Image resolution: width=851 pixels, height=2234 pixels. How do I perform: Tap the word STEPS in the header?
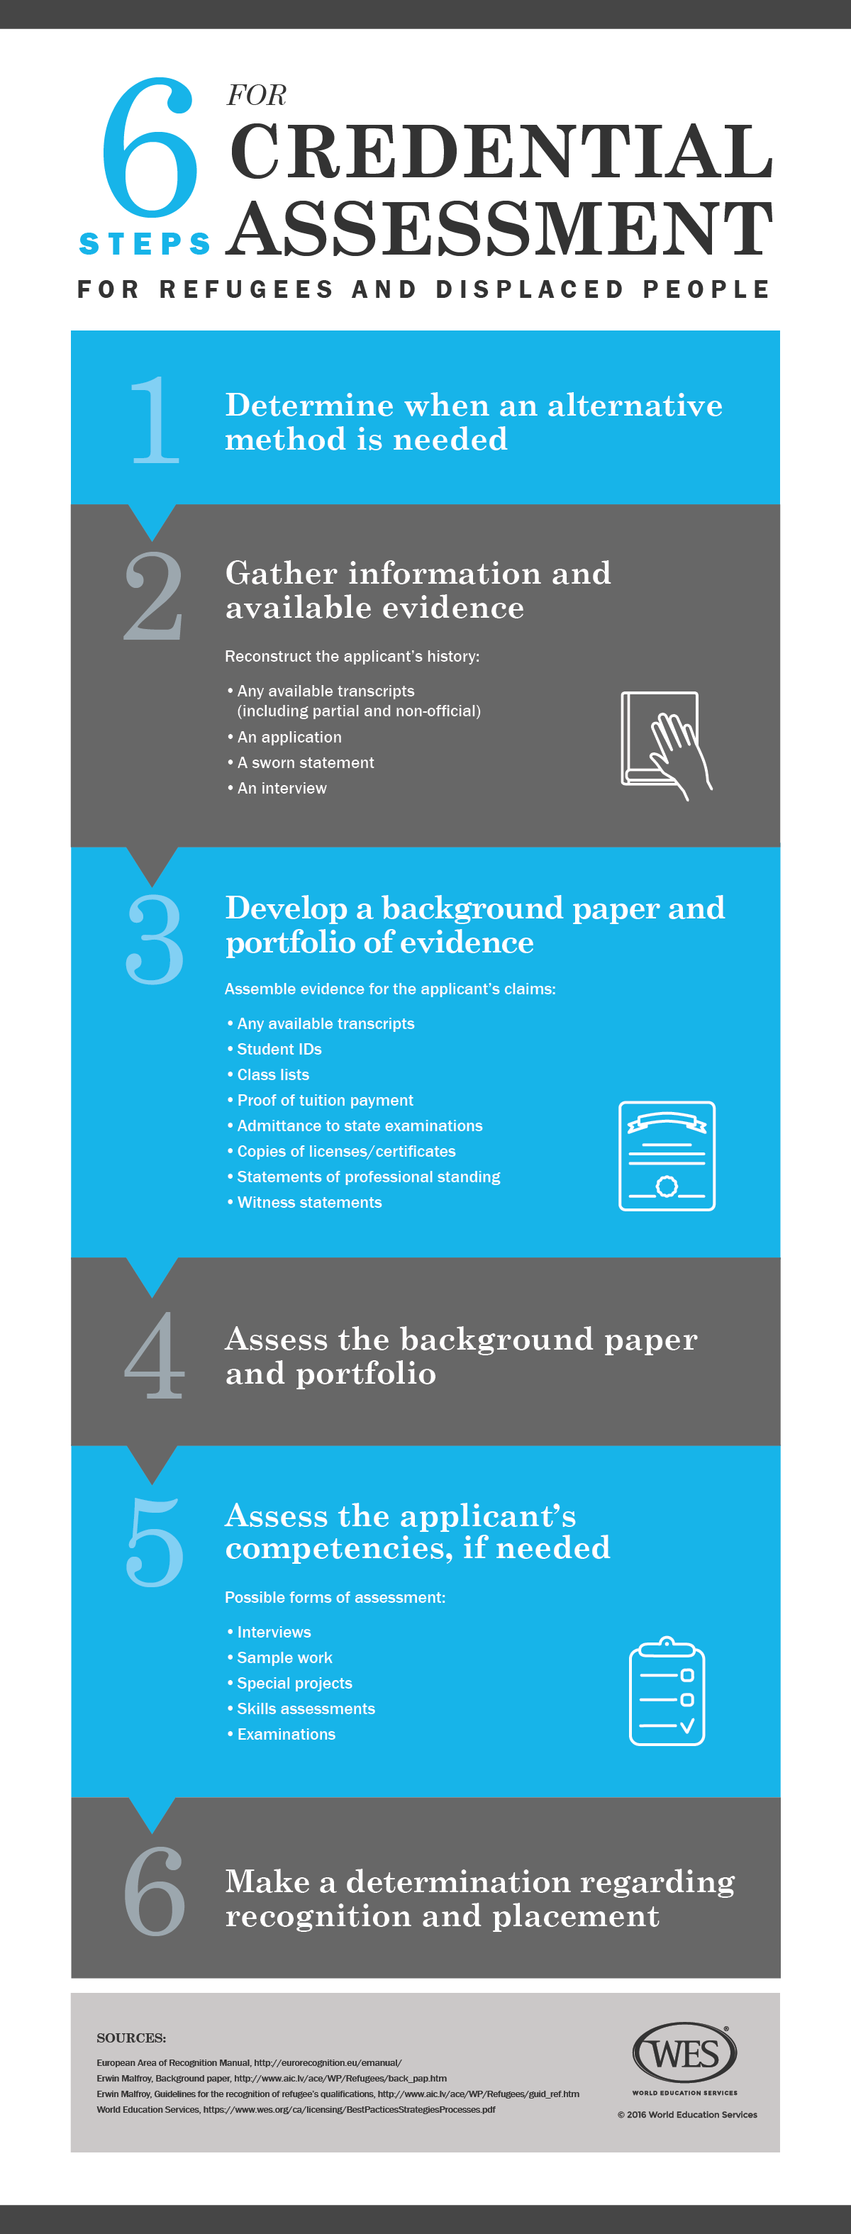(x=145, y=244)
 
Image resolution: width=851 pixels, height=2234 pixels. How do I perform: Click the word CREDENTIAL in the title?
(x=501, y=152)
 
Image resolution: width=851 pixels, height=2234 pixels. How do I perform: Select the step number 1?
(x=155, y=421)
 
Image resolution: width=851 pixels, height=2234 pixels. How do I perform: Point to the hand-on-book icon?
(x=665, y=744)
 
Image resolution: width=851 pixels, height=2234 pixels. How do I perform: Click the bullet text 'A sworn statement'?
(x=306, y=762)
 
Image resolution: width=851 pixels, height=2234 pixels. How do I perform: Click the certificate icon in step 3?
(x=666, y=1155)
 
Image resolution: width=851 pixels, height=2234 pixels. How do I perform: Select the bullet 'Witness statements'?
(x=308, y=1202)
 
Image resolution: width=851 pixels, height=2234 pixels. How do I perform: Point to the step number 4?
(x=155, y=1355)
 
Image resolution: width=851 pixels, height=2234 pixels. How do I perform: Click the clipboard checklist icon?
(x=666, y=1691)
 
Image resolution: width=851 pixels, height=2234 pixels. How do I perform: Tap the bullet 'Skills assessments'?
(x=306, y=1708)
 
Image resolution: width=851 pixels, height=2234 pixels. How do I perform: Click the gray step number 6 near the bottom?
(x=155, y=1891)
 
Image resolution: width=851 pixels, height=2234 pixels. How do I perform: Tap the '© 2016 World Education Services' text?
(x=687, y=2114)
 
